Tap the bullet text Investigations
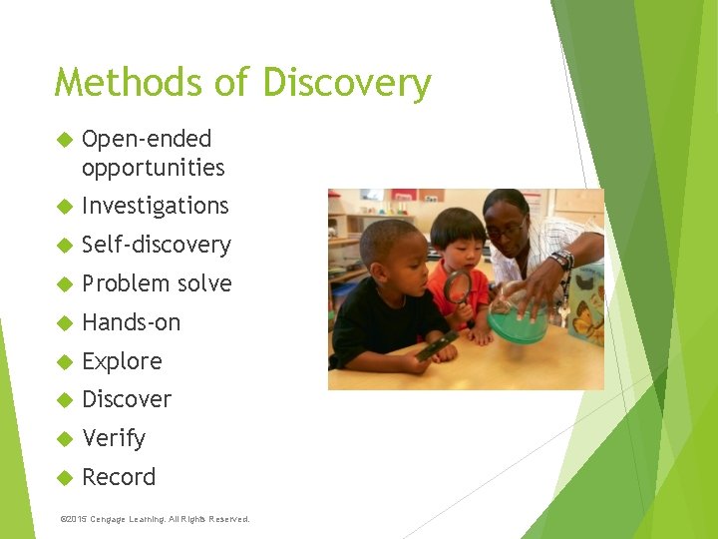click(155, 206)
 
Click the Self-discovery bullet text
click(156, 245)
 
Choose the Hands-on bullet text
click(131, 322)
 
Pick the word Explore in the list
click(122, 361)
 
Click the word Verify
click(114, 438)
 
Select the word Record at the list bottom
click(119, 477)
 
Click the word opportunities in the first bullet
click(153, 167)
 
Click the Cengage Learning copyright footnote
click(155, 519)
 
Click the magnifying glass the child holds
click(457, 288)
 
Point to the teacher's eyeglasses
click(508, 230)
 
